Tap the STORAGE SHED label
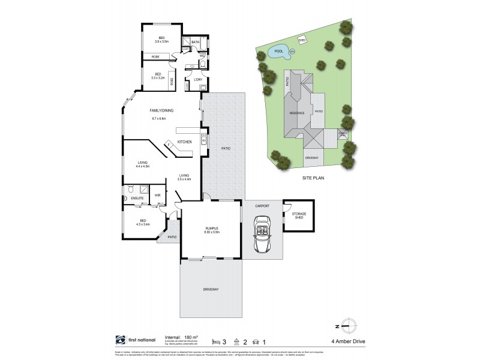tap(299, 215)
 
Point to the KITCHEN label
tap(184, 141)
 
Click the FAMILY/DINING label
tap(161, 110)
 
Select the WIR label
tap(157, 196)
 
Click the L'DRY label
tap(197, 80)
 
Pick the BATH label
tap(196, 42)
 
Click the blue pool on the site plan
tap(280, 52)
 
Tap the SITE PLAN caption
tap(314, 178)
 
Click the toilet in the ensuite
tap(127, 187)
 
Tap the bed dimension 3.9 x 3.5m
tap(162, 41)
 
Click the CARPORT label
tap(262, 206)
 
